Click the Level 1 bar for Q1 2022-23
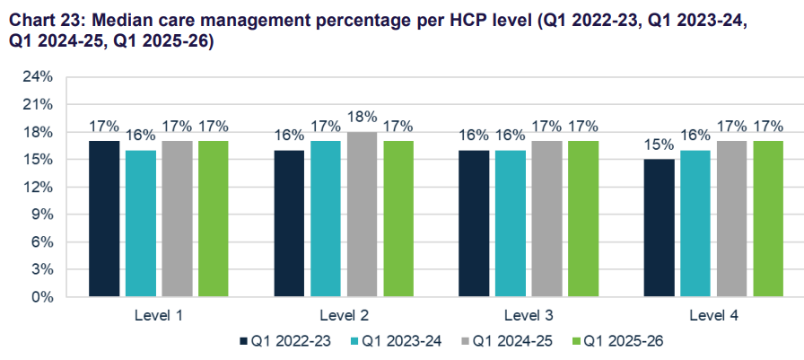point(104,218)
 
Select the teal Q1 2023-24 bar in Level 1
point(141,223)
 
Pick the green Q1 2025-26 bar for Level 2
point(398,218)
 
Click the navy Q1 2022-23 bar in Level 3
point(474,223)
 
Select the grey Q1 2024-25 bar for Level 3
point(546,218)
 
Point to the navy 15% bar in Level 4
point(659,227)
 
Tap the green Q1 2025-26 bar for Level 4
point(768,218)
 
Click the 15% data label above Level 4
point(659,145)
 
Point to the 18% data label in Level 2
point(362,117)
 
